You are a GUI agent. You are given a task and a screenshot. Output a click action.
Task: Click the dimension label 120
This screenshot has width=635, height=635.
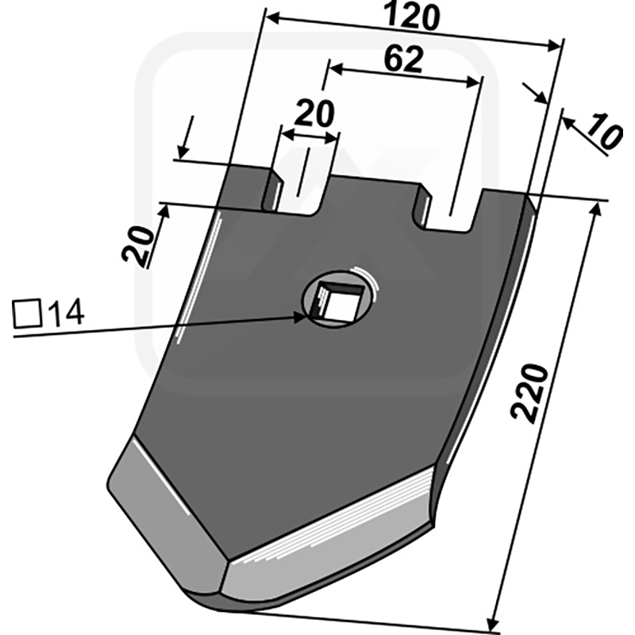coord(411,16)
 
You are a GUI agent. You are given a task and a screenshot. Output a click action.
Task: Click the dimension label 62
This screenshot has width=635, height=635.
coord(403,59)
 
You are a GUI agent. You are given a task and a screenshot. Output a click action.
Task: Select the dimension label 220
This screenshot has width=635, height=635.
coord(529,391)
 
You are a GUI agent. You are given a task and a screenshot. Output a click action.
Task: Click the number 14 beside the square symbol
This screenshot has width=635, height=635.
coord(66,313)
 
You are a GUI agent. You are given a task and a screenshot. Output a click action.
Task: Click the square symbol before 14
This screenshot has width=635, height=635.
coord(27,314)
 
